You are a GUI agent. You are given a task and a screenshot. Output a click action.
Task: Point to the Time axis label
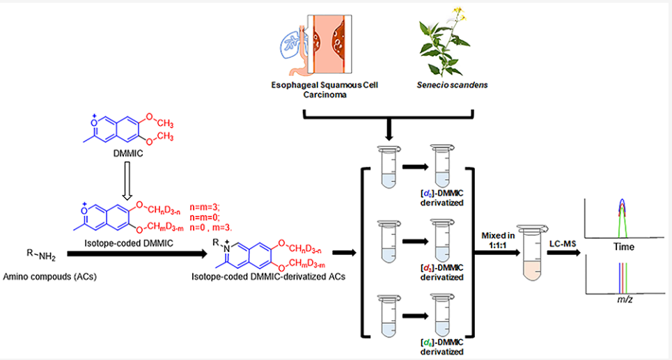(623, 247)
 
